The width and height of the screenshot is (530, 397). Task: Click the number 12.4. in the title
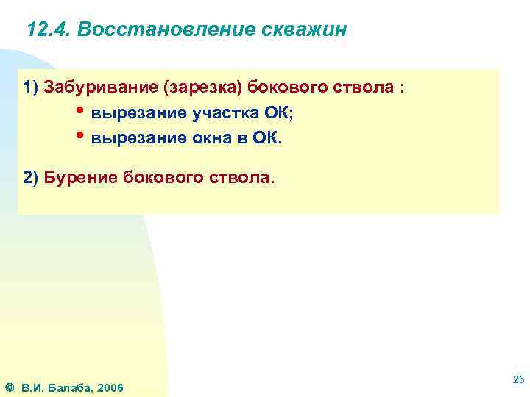(x=48, y=30)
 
